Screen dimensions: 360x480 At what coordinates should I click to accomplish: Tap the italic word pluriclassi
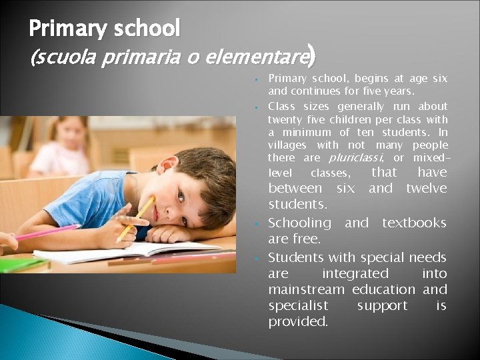356,158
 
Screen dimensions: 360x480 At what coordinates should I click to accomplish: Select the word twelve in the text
426,189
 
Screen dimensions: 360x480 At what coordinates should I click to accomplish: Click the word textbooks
414,223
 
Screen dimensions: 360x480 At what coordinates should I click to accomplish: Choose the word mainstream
307,289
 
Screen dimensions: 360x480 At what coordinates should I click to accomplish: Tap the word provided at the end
298,321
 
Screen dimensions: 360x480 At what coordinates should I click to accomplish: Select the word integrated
355,273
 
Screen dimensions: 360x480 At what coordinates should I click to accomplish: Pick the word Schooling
299,223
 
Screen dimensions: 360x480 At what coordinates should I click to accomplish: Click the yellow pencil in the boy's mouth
137,217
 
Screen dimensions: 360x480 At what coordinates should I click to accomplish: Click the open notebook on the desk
120,251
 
